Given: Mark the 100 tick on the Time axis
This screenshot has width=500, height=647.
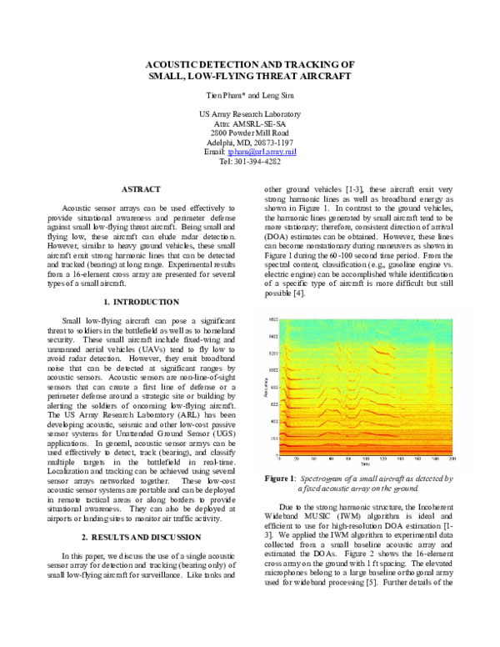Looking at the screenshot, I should pyautogui.click(x=365, y=459).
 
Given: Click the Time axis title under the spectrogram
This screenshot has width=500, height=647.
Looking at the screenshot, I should pyautogui.click(x=364, y=465).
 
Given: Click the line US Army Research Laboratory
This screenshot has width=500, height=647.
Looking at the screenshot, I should pyautogui.click(x=250, y=114).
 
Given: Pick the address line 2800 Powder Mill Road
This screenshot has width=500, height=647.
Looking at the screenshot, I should pyautogui.click(x=250, y=133).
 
